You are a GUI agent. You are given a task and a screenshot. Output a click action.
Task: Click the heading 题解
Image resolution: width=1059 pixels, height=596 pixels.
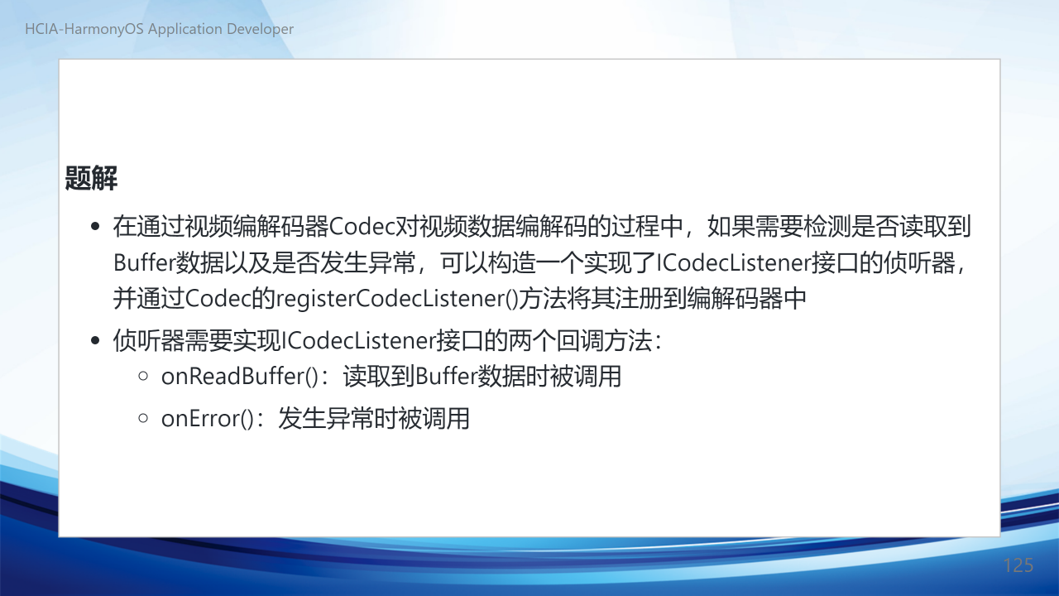[x=91, y=178]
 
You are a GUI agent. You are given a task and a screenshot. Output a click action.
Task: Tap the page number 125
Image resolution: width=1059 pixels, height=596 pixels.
[x=1018, y=565]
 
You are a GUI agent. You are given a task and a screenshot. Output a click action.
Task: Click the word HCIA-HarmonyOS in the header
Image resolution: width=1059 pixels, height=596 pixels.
[x=84, y=29]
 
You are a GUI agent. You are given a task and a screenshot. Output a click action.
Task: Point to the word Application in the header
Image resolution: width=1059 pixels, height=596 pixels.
[x=185, y=29]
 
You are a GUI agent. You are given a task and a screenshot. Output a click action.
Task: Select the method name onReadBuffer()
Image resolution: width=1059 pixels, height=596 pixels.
[x=240, y=377]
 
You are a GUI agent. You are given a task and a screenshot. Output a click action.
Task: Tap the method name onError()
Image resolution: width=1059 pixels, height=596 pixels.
[x=208, y=419]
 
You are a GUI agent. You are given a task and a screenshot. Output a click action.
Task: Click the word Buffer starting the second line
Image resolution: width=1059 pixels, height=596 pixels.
[x=144, y=262]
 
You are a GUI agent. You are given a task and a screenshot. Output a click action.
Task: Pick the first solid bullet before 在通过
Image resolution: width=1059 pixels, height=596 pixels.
[x=95, y=226]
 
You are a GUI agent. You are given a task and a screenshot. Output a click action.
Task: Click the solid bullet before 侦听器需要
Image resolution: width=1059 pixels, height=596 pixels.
[x=95, y=340]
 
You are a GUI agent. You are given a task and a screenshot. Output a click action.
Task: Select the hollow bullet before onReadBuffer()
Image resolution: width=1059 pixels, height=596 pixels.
[x=143, y=376]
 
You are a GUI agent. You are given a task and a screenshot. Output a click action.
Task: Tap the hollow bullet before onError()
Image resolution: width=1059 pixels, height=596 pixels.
[x=143, y=418]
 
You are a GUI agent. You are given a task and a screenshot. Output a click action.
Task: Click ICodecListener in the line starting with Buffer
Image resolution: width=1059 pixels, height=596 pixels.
[x=734, y=262]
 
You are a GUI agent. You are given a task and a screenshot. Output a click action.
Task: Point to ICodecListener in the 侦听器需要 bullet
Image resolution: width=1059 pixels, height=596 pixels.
[x=358, y=340]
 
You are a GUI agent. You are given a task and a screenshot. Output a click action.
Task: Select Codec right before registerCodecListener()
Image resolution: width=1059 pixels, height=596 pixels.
[x=218, y=299]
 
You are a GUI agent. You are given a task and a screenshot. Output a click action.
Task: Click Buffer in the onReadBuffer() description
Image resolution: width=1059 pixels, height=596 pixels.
[x=446, y=377]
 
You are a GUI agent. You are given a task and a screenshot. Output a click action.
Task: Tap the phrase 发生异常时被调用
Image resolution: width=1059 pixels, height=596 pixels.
[x=373, y=419]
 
